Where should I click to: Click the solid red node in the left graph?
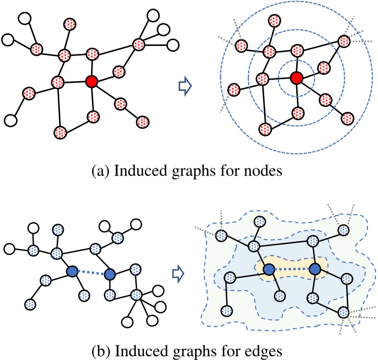pyautogui.click(x=91, y=81)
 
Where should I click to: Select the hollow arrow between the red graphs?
pyautogui.click(x=184, y=87)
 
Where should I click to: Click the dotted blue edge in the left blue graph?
pyautogui.click(x=91, y=274)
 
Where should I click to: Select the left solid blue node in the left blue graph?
pyautogui.click(x=72, y=272)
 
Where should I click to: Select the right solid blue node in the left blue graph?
pyautogui.click(x=110, y=275)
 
